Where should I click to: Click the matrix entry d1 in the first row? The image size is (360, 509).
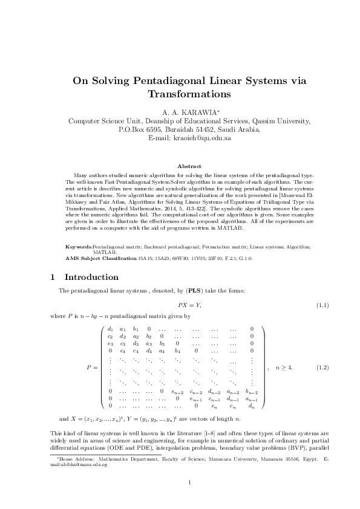(x=110, y=328)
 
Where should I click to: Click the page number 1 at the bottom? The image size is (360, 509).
(x=189, y=482)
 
